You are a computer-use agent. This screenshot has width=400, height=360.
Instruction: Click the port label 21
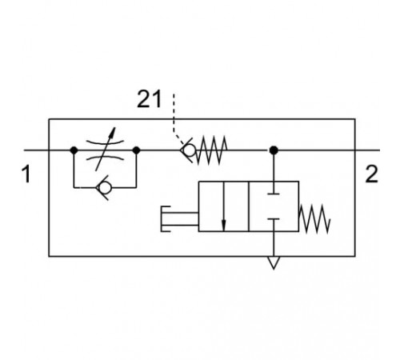click(149, 99)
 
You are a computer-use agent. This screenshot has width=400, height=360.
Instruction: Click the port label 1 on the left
click(26, 174)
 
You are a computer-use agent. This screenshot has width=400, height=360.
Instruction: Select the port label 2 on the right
click(371, 174)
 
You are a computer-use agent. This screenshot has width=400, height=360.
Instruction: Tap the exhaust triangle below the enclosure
click(274, 262)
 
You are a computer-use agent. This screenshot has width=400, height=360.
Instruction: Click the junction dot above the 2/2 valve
click(274, 150)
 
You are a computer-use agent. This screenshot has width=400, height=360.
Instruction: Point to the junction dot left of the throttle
click(74, 150)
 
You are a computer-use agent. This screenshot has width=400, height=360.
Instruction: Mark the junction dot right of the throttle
click(136, 150)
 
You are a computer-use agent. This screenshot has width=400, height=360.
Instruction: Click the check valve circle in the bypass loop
click(105, 187)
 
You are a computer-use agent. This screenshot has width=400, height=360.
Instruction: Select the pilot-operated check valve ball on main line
click(189, 150)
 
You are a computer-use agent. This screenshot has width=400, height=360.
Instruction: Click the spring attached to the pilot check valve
click(211, 150)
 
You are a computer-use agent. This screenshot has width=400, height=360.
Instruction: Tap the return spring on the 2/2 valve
click(314, 219)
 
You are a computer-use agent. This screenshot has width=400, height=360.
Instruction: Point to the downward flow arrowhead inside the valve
click(224, 226)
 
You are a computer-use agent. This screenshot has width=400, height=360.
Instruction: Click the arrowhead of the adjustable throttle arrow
click(114, 132)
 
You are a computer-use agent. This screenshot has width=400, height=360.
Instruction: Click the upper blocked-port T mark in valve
click(274, 194)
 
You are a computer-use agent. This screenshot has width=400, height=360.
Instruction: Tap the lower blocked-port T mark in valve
click(274, 219)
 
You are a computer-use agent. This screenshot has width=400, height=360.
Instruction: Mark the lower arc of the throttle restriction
click(105, 158)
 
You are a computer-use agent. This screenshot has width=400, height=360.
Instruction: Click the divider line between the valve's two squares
click(249, 206)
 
